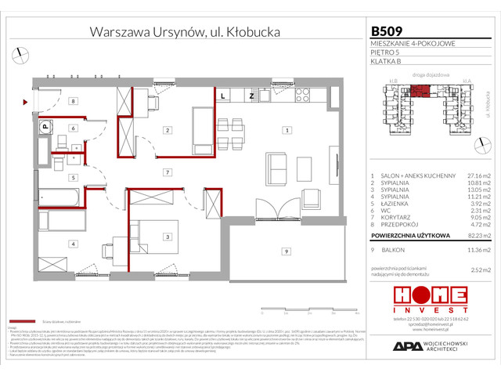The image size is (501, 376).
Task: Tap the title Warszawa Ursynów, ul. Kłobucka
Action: pos(186,32)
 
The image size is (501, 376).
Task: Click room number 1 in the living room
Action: pos(287,130)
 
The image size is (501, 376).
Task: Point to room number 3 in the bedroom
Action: pos(167,236)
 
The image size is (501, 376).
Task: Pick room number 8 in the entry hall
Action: pos(72,101)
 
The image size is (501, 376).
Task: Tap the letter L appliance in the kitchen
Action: pos(224,96)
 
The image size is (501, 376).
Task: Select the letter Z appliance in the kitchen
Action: pos(251,96)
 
